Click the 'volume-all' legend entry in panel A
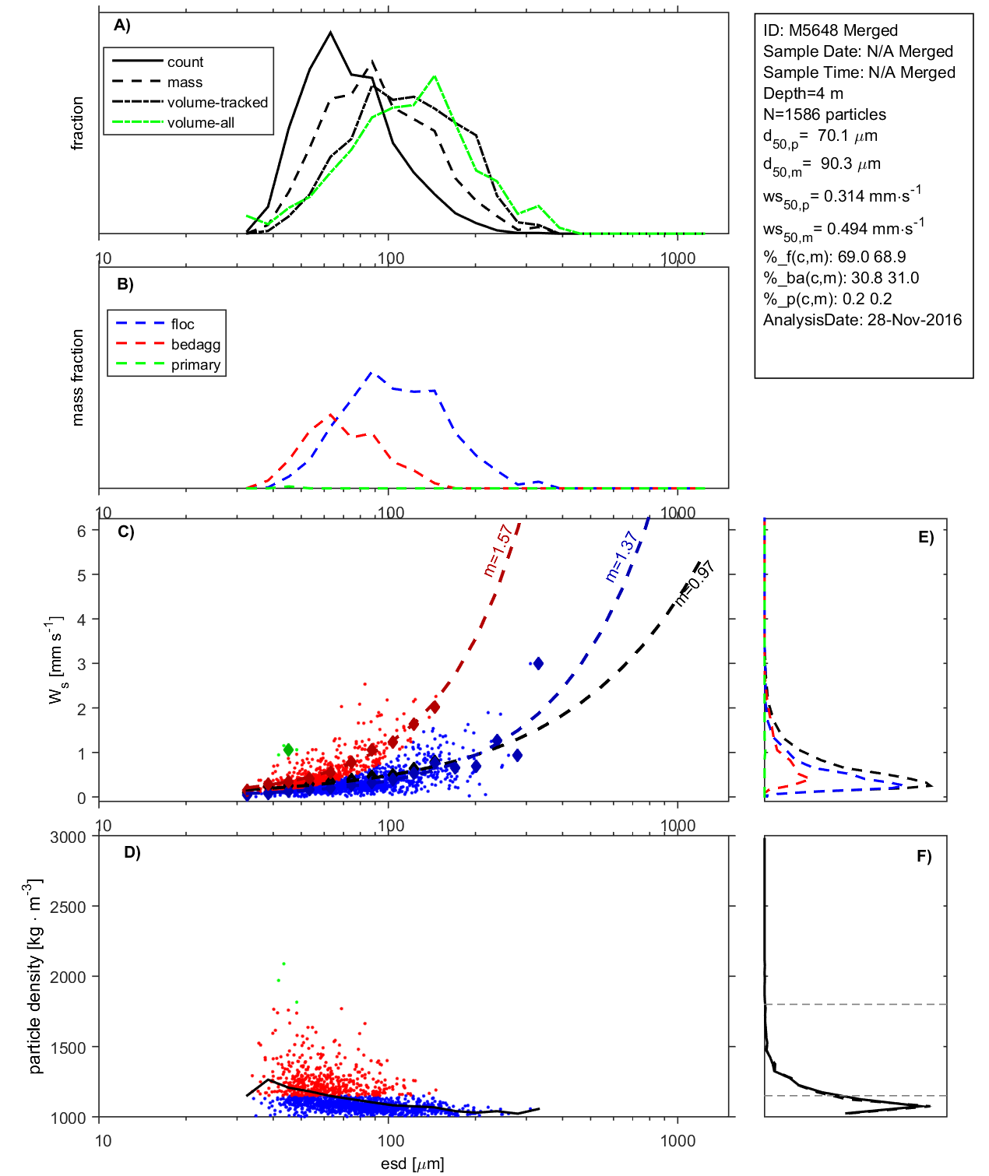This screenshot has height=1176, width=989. pyautogui.click(x=200, y=123)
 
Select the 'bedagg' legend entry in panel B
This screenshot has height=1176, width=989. pyautogui.click(x=195, y=345)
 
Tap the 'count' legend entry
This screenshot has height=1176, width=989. pyautogui.click(x=185, y=62)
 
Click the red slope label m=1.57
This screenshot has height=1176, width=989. pyautogui.click(x=498, y=550)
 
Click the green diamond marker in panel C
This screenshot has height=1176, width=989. pyautogui.click(x=288, y=749)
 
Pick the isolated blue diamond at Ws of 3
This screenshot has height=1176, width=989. pyautogui.click(x=537, y=664)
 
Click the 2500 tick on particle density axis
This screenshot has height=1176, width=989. pyautogui.click(x=68, y=907)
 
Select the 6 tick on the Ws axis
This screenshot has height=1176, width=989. pyautogui.click(x=81, y=531)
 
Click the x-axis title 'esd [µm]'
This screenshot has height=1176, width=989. pyautogui.click(x=412, y=1164)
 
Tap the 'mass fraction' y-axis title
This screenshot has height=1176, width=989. pyautogui.click(x=77, y=377)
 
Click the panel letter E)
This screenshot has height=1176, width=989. pyautogui.click(x=925, y=537)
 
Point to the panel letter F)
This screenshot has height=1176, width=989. pyautogui.click(x=924, y=856)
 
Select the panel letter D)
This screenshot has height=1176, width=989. pyautogui.click(x=132, y=852)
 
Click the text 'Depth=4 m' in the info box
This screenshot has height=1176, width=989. pyautogui.click(x=803, y=93)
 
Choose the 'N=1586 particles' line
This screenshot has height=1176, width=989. pyautogui.click(x=824, y=114)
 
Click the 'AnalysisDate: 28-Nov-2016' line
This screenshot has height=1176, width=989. pyautogui.click(x=862, y=320)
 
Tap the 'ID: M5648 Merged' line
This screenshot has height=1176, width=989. pyautogui.click(x=830, y=30)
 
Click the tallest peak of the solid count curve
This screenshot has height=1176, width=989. pyautogui.click(x=331, y=33)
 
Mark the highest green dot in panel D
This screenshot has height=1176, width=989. pyautogui.click(x=283, y=964)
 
